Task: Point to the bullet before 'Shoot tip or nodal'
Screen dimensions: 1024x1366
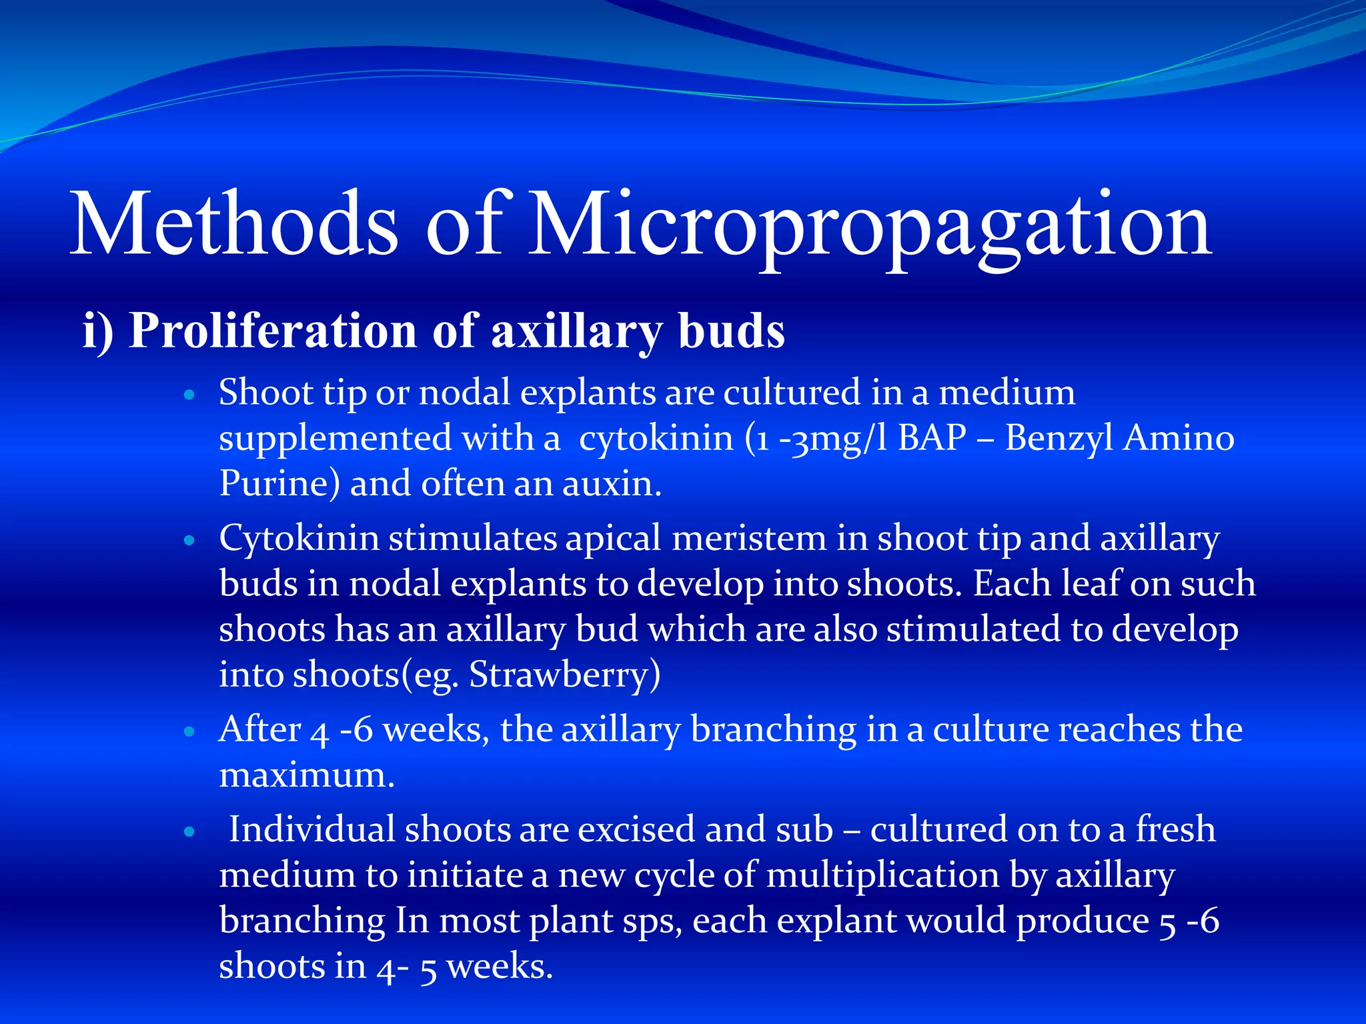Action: [189, 395]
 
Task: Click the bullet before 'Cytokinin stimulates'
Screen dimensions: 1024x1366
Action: [189, 541]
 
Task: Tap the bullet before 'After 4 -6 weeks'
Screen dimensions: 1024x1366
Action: [189, 732]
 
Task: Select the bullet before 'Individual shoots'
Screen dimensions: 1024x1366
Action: [189, 832]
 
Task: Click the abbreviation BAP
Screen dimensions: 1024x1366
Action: [932, 438]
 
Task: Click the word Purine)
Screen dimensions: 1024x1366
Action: [279, 484]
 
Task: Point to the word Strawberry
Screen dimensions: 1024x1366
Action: [564, 675]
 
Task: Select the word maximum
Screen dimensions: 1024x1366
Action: [307, 775]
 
